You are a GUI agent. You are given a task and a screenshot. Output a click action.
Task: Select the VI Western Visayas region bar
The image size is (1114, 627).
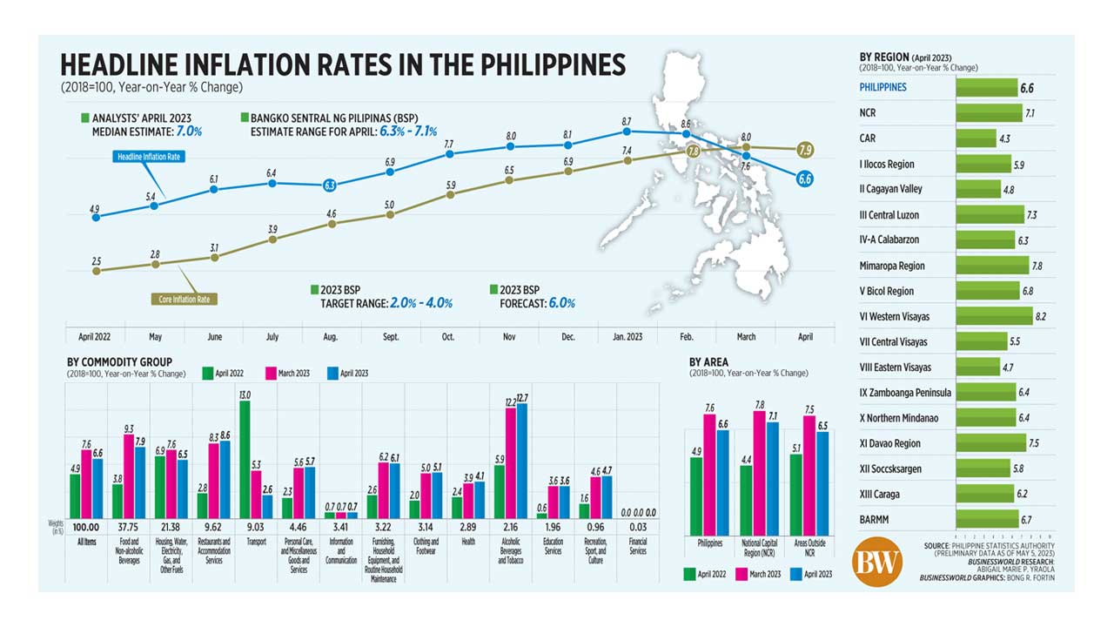pos(994,316)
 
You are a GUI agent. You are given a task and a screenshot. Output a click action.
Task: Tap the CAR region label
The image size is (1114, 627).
pos(868,138)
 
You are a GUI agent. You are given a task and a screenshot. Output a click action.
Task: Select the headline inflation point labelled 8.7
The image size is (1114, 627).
pos(627,131)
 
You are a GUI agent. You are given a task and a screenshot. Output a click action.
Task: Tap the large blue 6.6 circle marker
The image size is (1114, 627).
pos(805,179)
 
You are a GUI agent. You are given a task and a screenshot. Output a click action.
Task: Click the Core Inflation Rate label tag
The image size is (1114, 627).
pos(185,299)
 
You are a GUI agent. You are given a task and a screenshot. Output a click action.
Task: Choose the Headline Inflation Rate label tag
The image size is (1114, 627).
pos(151,157)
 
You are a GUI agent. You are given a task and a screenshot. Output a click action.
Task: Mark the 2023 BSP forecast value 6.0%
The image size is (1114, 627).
pos(560,303)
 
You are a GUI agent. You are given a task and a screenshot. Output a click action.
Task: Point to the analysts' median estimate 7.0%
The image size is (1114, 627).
pos(190,131)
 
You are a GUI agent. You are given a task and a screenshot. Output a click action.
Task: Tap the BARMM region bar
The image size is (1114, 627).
pos(987,519)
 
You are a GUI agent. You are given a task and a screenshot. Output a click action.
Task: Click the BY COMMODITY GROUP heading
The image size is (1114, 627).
pos(119,362)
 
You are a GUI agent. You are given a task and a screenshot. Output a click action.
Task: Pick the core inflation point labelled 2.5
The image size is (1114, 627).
pos(96,271)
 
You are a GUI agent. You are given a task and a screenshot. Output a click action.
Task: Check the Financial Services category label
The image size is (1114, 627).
pos(637,547)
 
